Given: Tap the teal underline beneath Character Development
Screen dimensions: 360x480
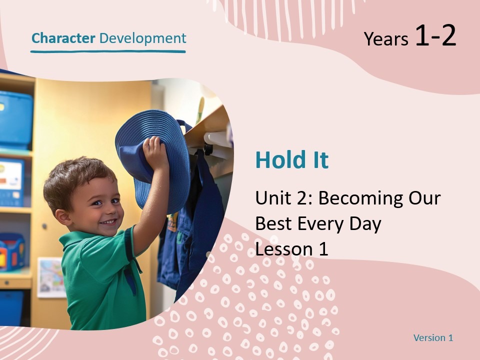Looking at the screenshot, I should [x=108, y=51].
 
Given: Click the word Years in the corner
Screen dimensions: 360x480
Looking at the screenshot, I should [x=386, y=39].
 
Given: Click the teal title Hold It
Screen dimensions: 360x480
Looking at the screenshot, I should [x=292, y=160].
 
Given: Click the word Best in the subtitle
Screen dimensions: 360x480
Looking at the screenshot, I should [x=272, y=223].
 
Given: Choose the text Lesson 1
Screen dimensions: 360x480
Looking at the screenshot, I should [x=291, y=248].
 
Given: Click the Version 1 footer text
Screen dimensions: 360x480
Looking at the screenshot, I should [x=433, y=338].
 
